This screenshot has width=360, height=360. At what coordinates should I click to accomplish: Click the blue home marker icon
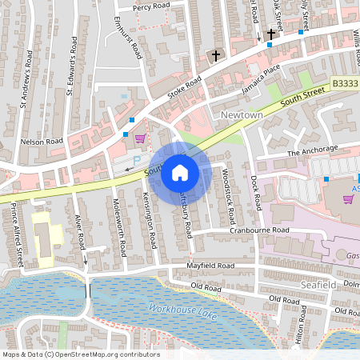[180, 172]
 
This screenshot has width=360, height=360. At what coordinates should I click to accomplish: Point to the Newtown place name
[241, 116]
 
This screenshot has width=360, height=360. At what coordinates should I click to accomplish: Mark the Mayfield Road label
[210, 266]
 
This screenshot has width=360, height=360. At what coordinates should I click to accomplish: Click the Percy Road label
[152, 6]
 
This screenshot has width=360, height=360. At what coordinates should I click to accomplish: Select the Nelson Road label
[42, 141]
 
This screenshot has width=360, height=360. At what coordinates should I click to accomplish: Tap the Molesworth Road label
[120, 226]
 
